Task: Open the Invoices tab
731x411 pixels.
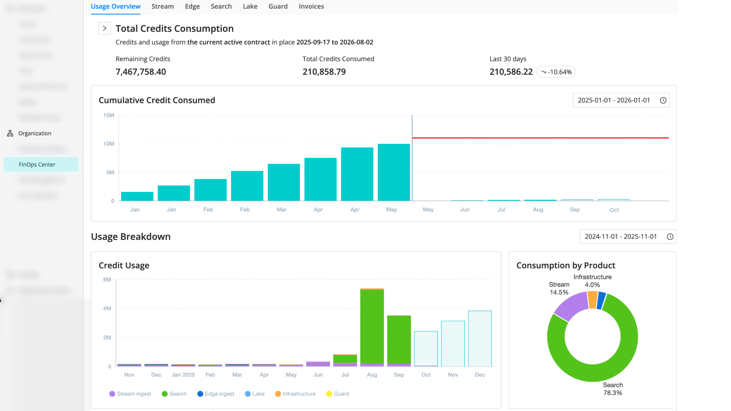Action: point(311,6)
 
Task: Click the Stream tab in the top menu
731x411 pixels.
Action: point(163,6)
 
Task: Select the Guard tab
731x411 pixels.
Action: point(278,6)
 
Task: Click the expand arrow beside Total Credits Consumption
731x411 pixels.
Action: point(104,29)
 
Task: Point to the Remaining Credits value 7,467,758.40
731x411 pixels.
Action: point(140,72)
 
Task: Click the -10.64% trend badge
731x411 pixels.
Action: point(556,72)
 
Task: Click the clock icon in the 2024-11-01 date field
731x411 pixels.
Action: point(670,237)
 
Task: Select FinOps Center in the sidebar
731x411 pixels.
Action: point(37,164)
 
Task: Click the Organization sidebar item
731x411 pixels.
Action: point(35,133)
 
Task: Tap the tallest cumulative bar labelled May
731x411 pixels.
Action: point(394,172)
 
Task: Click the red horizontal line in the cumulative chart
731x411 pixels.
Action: point(541,138)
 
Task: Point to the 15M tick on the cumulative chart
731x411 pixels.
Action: point(109,115)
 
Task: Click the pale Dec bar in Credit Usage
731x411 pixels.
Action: point(480,339)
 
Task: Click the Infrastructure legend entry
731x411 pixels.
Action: point(295,394)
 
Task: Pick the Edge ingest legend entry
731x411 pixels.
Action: point(216,394)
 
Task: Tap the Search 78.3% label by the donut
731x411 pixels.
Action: point(613,389)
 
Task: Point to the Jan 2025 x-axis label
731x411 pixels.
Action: point(183,375)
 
